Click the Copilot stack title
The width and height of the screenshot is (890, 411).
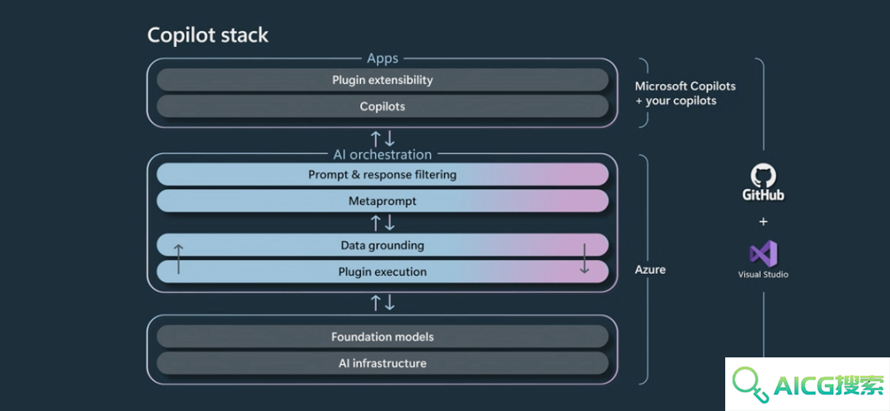[208, 35]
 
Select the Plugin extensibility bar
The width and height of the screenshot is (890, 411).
[382, 80]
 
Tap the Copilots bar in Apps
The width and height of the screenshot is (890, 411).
[382, 106]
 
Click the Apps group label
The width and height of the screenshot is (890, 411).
[382, 58]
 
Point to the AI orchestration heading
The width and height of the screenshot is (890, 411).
[382, 154]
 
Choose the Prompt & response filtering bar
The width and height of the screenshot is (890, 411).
[382, 174]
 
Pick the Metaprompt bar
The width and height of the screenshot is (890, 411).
[382, 201]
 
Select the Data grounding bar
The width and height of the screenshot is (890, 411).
[382, 246]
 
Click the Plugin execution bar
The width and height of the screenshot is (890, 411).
[382, 272]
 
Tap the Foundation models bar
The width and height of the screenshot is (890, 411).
[382, 337]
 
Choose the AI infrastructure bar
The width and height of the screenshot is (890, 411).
[382, 362]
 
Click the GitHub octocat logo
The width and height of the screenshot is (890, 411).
[763, 176]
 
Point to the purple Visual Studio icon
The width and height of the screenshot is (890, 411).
[763, 253]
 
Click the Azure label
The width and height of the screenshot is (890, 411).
[650, 269]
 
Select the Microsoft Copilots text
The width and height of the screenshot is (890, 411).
[685, 87]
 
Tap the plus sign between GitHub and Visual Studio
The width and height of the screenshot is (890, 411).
[763, 221]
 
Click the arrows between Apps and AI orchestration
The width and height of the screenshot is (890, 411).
[382, 138]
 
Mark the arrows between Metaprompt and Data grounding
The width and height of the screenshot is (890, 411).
[382, 223]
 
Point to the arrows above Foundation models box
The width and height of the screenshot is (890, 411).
[382, 303]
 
